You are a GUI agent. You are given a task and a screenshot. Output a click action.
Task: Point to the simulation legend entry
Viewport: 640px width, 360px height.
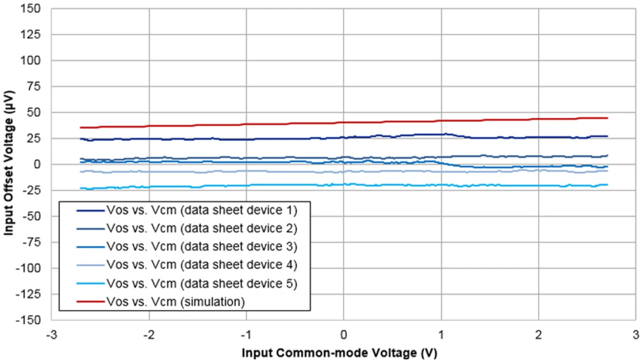coord(175,302)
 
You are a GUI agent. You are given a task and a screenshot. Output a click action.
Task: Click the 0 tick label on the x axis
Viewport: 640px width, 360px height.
coord(343,333)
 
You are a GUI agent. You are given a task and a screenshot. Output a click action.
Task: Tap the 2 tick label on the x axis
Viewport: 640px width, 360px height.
coord(538,333)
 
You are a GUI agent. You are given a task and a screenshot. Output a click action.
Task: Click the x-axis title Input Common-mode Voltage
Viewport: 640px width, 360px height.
coord(339,352)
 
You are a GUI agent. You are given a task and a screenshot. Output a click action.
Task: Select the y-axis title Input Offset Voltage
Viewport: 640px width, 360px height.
coord(9,164)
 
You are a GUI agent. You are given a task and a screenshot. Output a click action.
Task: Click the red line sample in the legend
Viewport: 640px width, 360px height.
coord(90,302)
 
